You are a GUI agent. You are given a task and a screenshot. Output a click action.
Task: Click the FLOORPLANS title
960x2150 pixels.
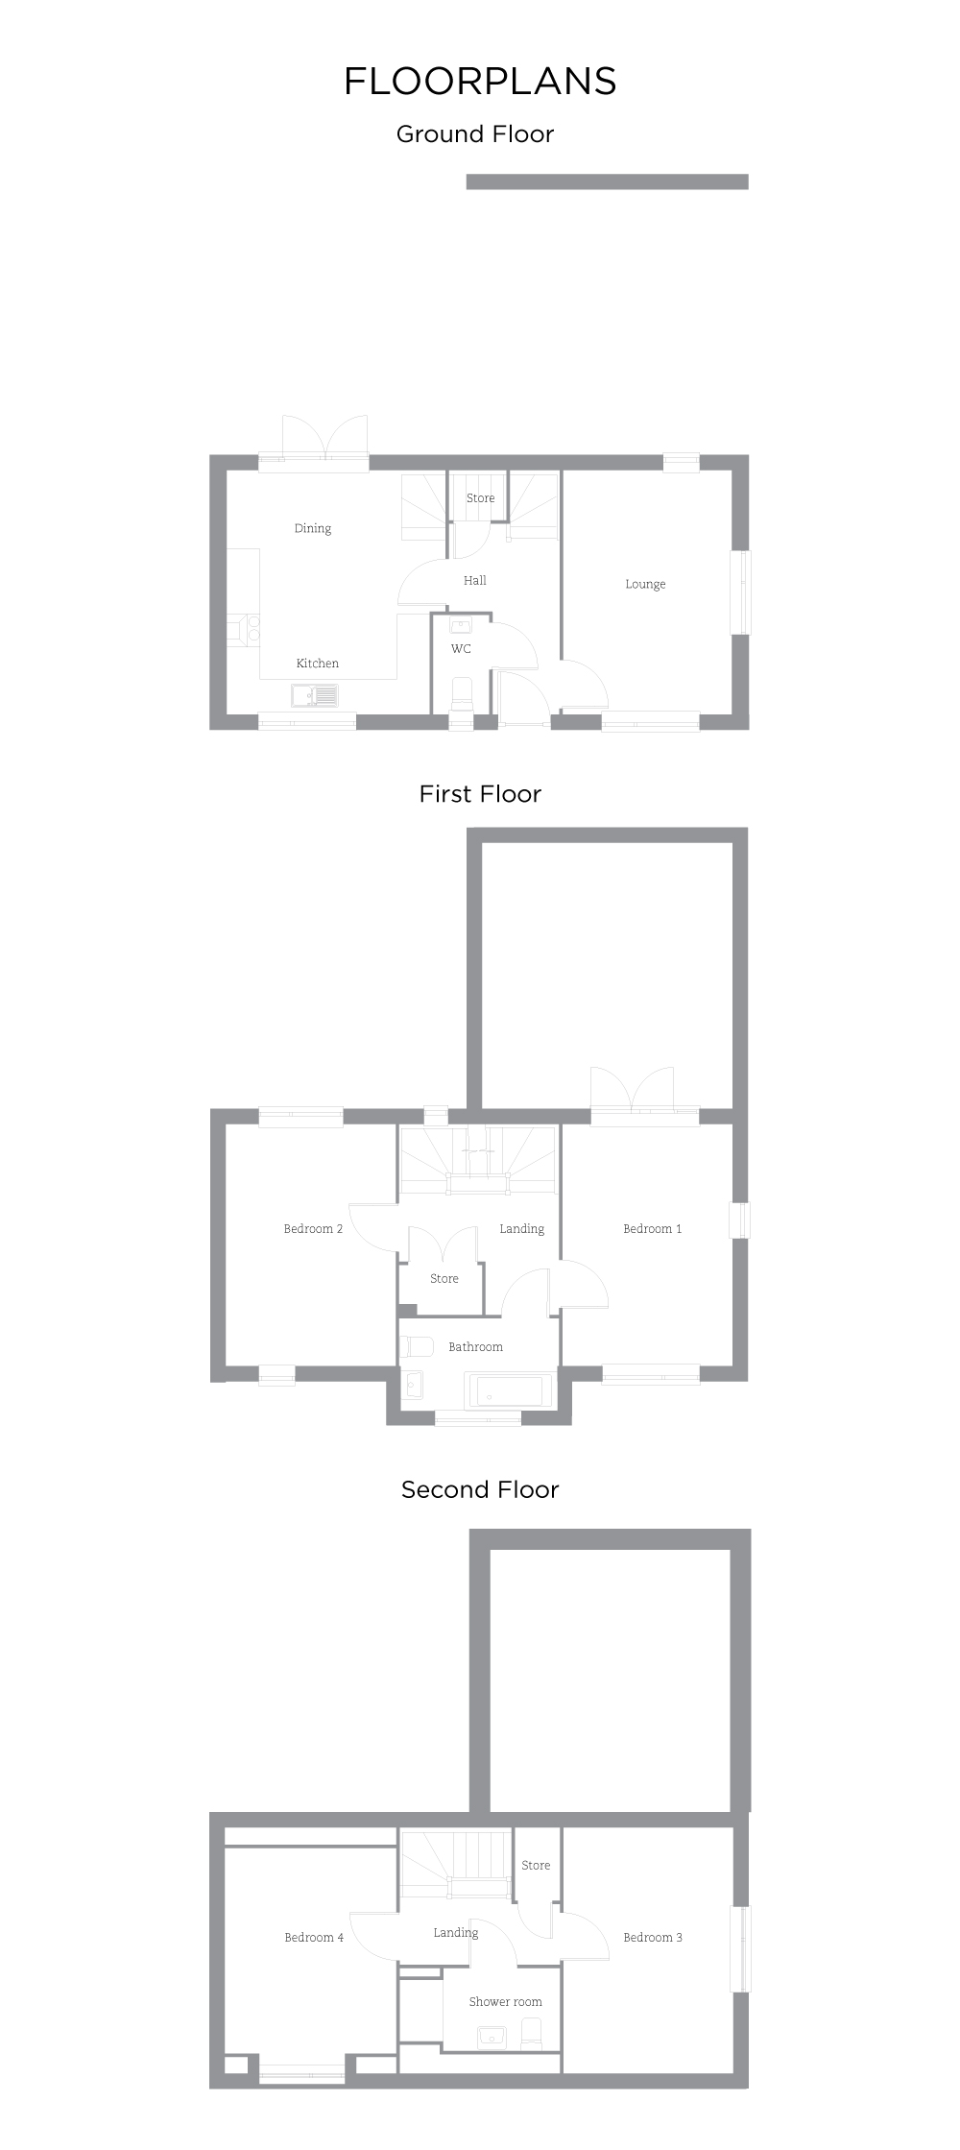pyautogui.click(x=480, y=82)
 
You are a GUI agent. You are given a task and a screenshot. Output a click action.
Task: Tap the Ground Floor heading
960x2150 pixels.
pyautogui.click(x=475, y=134)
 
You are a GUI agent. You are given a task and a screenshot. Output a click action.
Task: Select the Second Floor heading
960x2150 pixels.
pyautogui.click(x=480, y=1489)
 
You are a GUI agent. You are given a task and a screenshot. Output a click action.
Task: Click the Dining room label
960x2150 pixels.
pyautogui.click(x=312, y=528)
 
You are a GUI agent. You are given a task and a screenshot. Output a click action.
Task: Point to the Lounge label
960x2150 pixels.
pyautogui.click(x=645, y=584)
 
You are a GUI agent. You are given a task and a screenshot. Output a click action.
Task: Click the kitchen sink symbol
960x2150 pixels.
pyautogui.click(x=314, y=694)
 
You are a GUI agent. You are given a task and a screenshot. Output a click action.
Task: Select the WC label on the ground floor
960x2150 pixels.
pyautogui.click(x=461, y=649)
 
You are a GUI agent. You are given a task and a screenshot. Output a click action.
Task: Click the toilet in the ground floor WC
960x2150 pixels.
pyautogui.click(x=462, y=695)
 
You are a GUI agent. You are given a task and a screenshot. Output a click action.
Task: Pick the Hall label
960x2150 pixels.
pyautogui.click(x=474, y=580)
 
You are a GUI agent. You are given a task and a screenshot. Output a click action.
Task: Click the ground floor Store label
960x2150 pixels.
pyautogui.click(x=480, y=498)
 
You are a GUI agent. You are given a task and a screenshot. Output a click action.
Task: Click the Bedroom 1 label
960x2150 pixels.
pyautogui.click(x=652, y=1228)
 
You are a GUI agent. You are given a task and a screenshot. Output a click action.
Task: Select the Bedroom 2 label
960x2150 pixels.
pyautogui.click(x=313, y=1228)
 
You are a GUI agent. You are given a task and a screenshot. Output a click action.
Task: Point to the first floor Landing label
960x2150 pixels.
pyautogui.click(x=521, y=1228)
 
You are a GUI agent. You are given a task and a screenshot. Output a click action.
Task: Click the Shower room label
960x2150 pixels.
pyautogui.click(x=505, y=2002)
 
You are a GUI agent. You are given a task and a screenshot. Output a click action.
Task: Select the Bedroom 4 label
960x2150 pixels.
pyautogui.click(x=314, y=1938)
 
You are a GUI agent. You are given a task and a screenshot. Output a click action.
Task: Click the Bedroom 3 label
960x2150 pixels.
pyautogui.click(x=653, y=1938)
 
